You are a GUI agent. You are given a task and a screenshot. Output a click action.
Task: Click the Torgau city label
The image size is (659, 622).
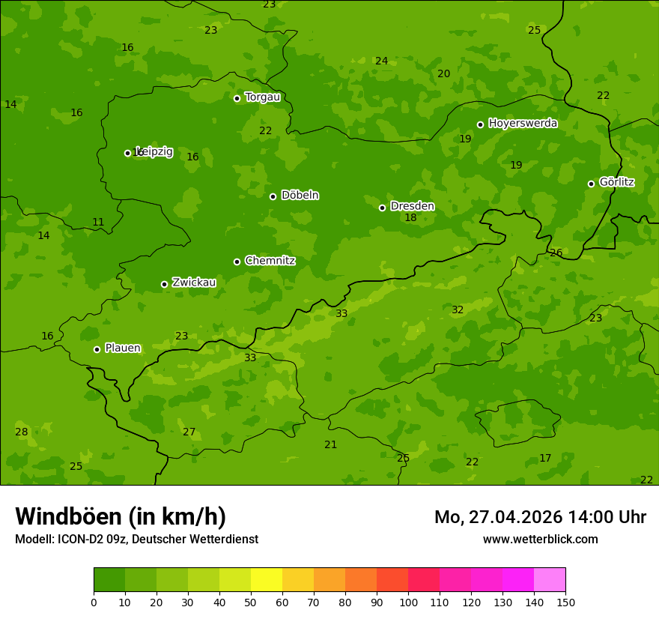click(x=262, y=97)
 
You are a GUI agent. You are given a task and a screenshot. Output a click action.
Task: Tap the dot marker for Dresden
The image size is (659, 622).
click(x=382, y=208)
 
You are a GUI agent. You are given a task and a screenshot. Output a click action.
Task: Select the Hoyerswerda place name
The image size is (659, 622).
click(x=523, y=124)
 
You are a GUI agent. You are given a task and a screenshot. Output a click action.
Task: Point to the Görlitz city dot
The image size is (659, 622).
click(x=591, y=184)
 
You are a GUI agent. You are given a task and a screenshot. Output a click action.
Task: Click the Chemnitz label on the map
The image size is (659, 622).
click(x=270, y=261)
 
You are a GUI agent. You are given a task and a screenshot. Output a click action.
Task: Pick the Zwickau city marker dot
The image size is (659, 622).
click(x=164, y=284)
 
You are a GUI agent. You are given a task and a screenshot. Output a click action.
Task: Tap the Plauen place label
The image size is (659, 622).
click(x=123, y=348)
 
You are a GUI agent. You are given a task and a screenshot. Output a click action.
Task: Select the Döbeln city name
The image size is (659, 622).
click(x=300, y=196)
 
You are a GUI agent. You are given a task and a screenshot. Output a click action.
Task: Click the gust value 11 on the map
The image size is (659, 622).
click(x=98, y=223)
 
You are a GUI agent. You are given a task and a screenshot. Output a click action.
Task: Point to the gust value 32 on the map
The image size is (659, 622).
click(x=458, y=310)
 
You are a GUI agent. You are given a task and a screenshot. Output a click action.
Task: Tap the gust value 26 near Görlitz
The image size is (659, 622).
click(x=556, y=253)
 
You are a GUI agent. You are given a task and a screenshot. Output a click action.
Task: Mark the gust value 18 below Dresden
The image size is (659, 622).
click(x=410, y=218)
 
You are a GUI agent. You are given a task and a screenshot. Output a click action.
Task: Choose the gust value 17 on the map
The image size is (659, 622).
click(x=545, y=459)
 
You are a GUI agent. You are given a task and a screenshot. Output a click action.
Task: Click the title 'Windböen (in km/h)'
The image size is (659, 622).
click(x=121, y=516)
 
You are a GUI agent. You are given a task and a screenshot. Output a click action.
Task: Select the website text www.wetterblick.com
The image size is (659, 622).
click(x=540, y=540)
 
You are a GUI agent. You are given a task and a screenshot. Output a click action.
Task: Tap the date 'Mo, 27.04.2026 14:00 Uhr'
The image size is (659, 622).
click(x=540, y=517)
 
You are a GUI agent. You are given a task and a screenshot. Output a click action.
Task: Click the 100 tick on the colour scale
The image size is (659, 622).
click(x=408, y=602)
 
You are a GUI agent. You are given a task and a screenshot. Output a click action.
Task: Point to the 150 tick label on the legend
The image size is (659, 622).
click(x=565, y=602)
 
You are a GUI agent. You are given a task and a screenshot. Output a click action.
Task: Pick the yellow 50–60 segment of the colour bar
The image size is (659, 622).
click(x=267, y=580)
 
